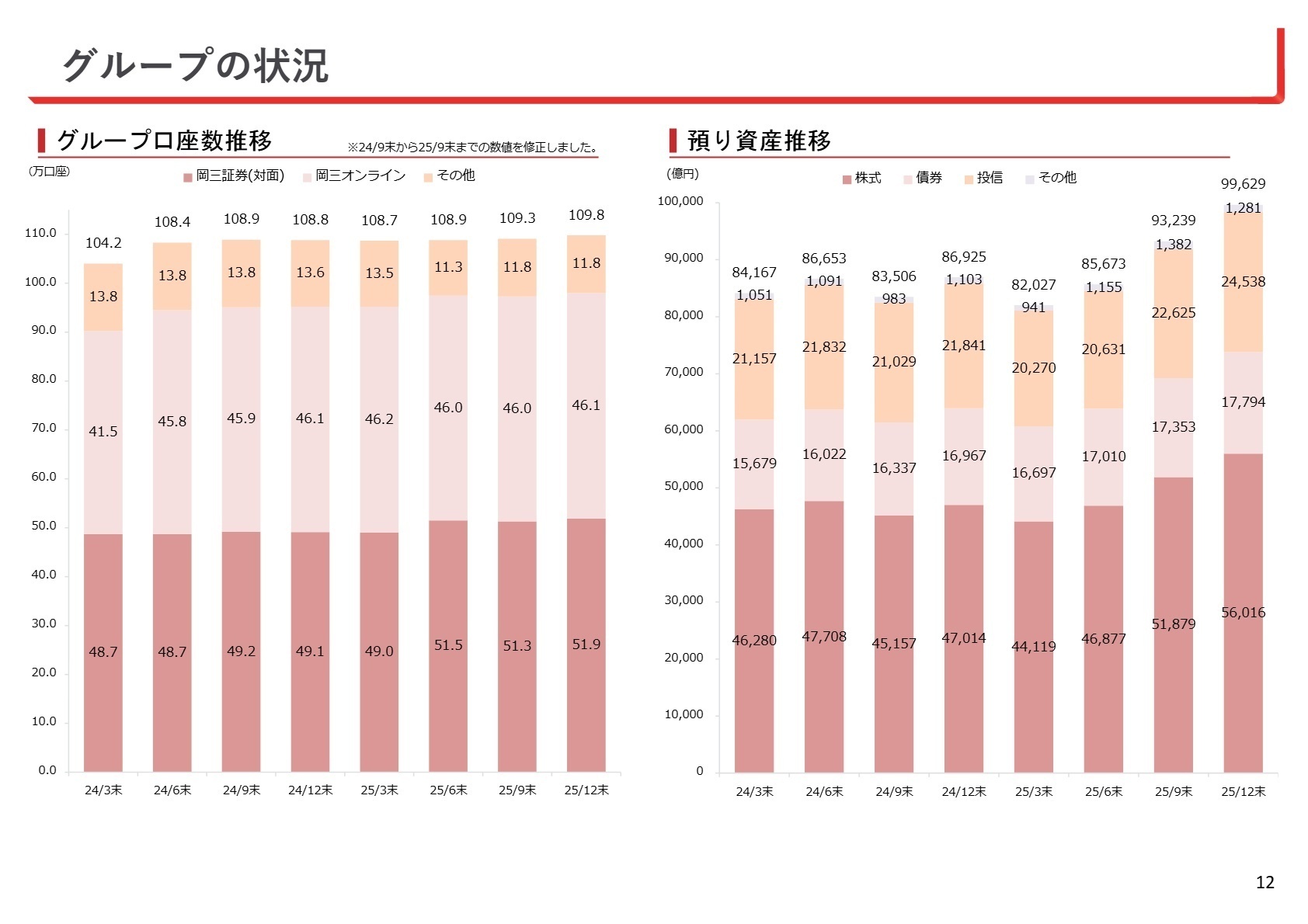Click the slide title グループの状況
point(195,65)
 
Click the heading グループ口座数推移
point(164,141)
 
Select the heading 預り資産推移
point(759,141)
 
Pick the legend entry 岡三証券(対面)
point(239,176)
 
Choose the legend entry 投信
point(989,178)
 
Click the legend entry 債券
point(928,178)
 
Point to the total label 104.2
point(103,243)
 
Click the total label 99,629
point(1243,184)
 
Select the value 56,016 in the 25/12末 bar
point(1243,613)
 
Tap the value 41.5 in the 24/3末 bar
point(103,432)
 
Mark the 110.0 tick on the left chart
point(40,233)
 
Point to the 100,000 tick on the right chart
point(680,201)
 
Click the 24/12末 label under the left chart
point(310,790)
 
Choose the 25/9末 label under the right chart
point(1173,792)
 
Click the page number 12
point(1265,882)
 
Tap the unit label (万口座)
point(49,172)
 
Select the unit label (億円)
point(683,174)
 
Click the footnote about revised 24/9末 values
point(472,148)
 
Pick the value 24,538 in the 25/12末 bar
point(1243,282)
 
